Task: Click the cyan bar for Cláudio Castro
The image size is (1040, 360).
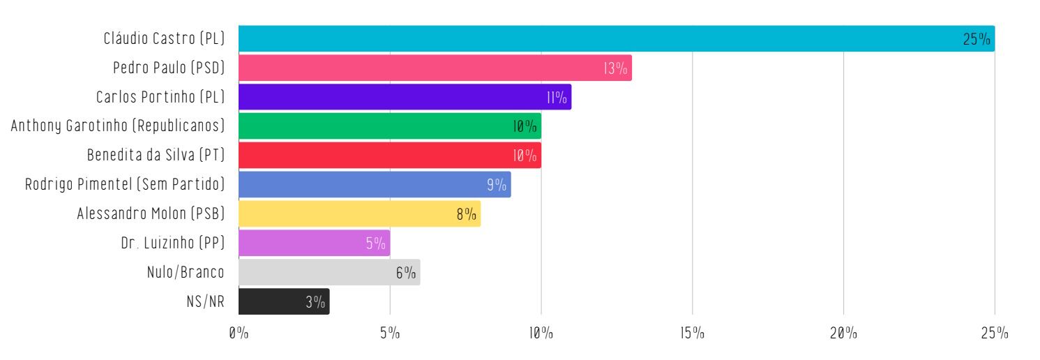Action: [x=617, y=38]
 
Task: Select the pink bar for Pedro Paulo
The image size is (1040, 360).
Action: [x=435, y=68]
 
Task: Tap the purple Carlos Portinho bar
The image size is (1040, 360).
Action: [x=405, y=97]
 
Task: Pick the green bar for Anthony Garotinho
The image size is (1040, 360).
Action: [x=389, y=126]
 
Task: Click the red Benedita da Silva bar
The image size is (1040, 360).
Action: [x=389, y=156]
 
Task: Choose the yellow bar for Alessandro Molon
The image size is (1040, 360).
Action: [x=359, y=214]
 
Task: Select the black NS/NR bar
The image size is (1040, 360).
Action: [x=284, y=301]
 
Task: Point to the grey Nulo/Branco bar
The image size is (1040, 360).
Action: [x=329, y=272]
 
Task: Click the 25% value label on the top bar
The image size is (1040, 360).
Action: [x=977, y=39]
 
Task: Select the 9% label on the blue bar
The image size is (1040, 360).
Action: [x=497, y=185]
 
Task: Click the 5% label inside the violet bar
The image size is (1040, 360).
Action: [x=375, y=243]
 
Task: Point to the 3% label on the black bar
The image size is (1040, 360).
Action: [x=315, y=302]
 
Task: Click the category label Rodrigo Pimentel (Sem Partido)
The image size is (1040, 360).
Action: [x=125, y=185]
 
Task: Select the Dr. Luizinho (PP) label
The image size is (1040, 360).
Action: [x=172, y=243]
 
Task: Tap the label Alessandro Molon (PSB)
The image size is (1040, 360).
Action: [x=151, y=214]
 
